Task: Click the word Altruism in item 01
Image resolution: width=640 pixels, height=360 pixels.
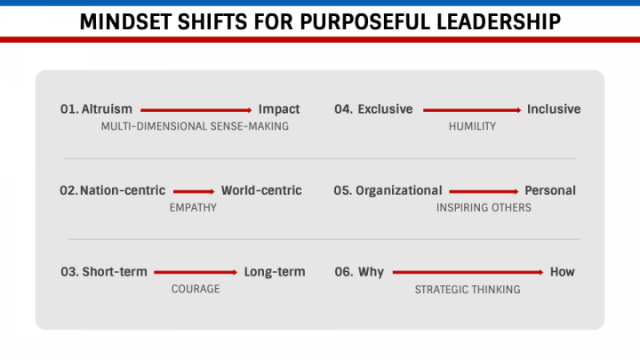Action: pyautogui.click(x=107, y=109)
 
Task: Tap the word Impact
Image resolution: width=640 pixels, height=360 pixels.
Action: pyautogui.click(x=279, y=109)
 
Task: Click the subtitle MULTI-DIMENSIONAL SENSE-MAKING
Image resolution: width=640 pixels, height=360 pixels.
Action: pyautogui.click(x=195, y=126)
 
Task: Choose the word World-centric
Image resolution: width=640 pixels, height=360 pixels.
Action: pyautogui.click(x=261, y=190)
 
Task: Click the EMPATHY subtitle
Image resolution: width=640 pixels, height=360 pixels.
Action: pyautogui.click(x=193, y=207)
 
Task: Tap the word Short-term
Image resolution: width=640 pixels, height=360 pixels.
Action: pyautogui.click(x=115, y=272)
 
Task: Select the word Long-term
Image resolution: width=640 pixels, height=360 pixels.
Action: pyautogui.click(x=274, y=272)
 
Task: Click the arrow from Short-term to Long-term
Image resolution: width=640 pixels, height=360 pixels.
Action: pyautogui.click(x=196, y=272)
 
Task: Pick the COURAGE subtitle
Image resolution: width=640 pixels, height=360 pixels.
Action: pyautogui.click(x=196, y=289)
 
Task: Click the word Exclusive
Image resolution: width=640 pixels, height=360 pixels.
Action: pyautogui.click(x=385, y=109)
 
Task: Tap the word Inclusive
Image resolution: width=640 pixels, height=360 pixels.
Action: pyautogui.click(x=554, y=109)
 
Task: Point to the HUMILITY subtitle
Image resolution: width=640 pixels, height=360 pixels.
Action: pyautogui.click(x=472, y=126)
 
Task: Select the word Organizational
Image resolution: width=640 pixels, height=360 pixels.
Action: pyautogui.click(x=399, y=190)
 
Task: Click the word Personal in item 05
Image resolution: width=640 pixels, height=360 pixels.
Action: pyautogui.click(x=550, y=190)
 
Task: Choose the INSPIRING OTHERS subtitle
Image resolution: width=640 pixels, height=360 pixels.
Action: pyautogui.click(x=484, y=207)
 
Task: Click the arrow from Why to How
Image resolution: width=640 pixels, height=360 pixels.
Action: pyautogui.click(x=468, y=272)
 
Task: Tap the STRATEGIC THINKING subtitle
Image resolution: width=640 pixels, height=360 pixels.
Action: pyautogui.click(x=468, y=289)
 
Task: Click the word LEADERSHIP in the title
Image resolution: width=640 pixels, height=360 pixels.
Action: pyautogui.click(x=479, y=22)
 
